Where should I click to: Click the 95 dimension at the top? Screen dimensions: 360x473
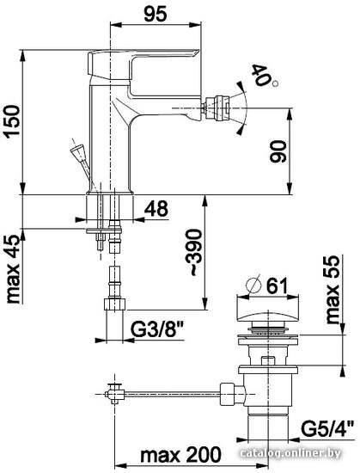coord(156,14)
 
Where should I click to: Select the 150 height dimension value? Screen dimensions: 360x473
coord(13,121)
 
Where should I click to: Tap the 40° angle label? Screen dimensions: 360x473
coord(263,76)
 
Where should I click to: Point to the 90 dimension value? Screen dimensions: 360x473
coord(278,151)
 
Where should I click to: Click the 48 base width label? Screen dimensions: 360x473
coord(156,208)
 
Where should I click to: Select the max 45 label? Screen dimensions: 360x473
coord(13,269)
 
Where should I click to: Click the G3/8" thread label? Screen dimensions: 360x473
coord(157,330)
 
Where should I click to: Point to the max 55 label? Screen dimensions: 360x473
coord(333,290)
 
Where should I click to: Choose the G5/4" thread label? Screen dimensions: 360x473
coord(327,429)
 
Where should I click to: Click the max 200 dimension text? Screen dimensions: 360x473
coord(180,455)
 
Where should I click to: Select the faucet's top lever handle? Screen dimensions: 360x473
coord(142,64)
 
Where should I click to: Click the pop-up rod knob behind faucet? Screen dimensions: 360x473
coord(77,150)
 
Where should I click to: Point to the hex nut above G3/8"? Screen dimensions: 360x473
coord(115,304)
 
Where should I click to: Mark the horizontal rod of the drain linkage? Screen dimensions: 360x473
coord(173,393)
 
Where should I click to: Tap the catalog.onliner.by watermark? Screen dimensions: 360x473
coord(290,452)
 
